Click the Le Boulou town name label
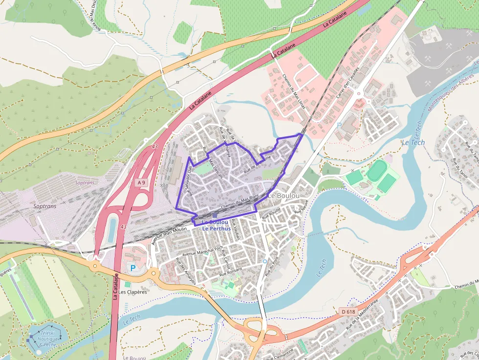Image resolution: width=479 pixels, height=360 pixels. point(284,195)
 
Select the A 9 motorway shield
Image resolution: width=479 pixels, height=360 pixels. point(141,182)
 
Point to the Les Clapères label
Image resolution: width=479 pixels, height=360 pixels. point(132,292)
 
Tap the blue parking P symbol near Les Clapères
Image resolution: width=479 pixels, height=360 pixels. point(132,268)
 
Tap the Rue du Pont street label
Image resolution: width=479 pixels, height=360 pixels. point(267,269)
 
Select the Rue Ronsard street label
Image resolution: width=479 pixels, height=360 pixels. point(231,274)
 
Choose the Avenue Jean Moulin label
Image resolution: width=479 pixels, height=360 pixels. point(170,234)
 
